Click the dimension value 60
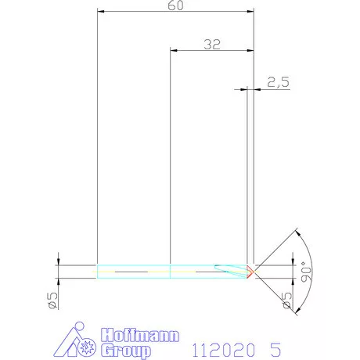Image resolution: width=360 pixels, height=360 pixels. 177,5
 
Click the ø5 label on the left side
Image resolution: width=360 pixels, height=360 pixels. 52,300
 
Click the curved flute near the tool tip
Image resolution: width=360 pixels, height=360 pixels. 234,271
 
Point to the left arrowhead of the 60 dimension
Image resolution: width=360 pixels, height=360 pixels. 99,12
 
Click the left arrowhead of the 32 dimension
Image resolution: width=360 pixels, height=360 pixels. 174,51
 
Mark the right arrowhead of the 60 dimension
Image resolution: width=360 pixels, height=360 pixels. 252,12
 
